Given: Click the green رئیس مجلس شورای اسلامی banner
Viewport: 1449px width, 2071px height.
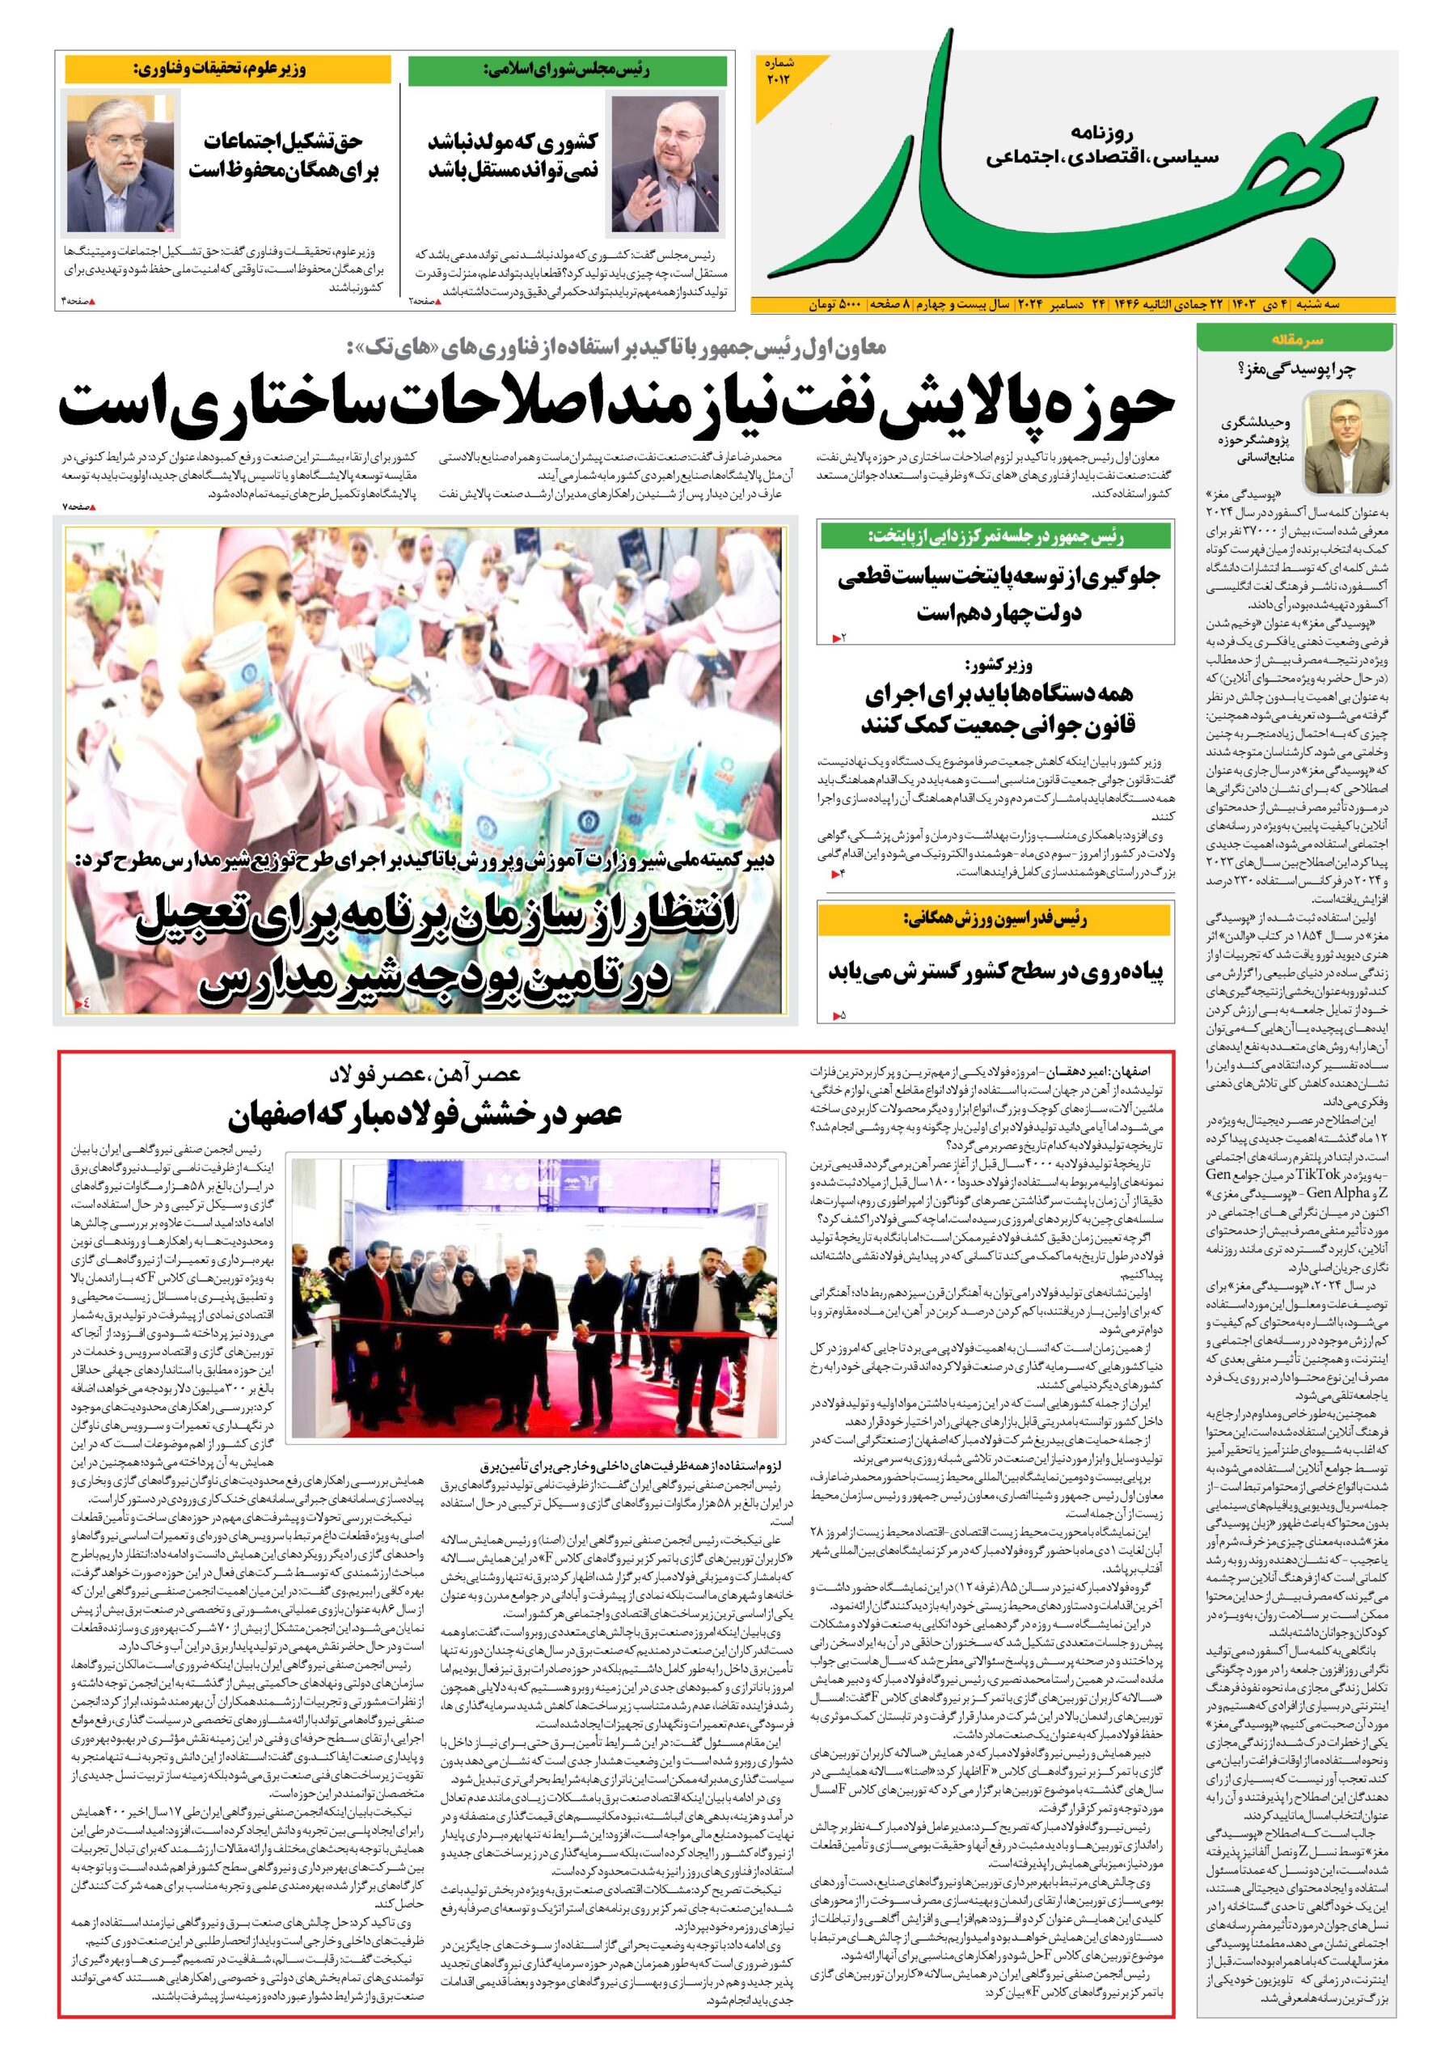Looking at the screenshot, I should (x=570, y=69).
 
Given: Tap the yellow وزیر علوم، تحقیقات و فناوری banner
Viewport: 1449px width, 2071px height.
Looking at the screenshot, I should (x=228, y=69).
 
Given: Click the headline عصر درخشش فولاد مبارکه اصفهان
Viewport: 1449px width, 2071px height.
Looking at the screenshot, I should (x=425, y=1116).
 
